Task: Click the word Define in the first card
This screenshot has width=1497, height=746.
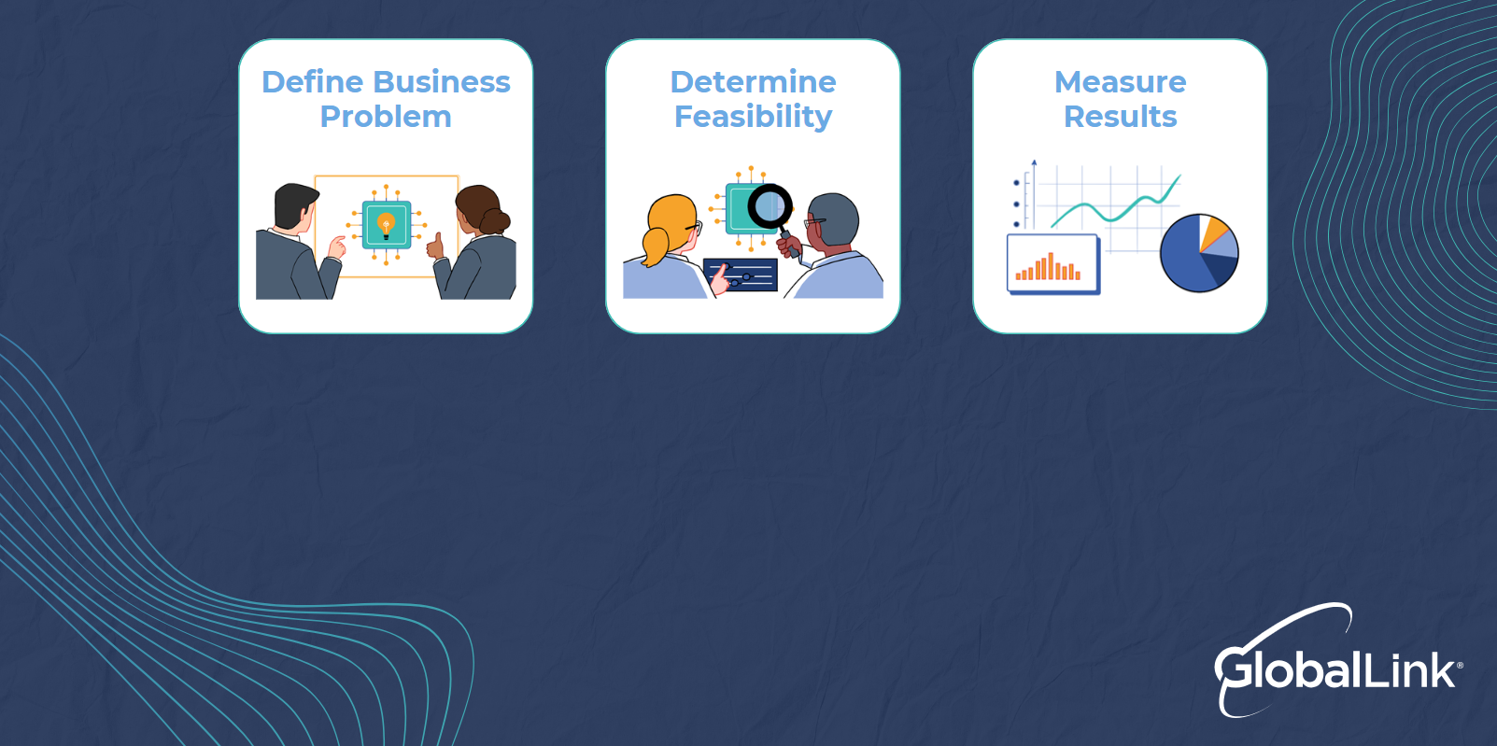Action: pos(312,82)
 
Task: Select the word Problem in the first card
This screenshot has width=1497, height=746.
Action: pos(386,117)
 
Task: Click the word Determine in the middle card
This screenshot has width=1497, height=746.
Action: pos(753,82)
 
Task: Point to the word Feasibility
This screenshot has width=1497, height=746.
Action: pos(753,117)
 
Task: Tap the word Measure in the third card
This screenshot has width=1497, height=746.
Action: pos(1120,82)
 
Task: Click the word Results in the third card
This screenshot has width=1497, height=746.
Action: pos(1120,117)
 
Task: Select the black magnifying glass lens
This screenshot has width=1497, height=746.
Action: pos(770,204)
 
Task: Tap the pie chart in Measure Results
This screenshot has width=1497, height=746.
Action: pos(1198,253)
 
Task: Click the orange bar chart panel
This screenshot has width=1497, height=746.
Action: pos(1052,263)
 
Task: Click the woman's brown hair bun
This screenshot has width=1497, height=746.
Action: pos(495,221)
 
